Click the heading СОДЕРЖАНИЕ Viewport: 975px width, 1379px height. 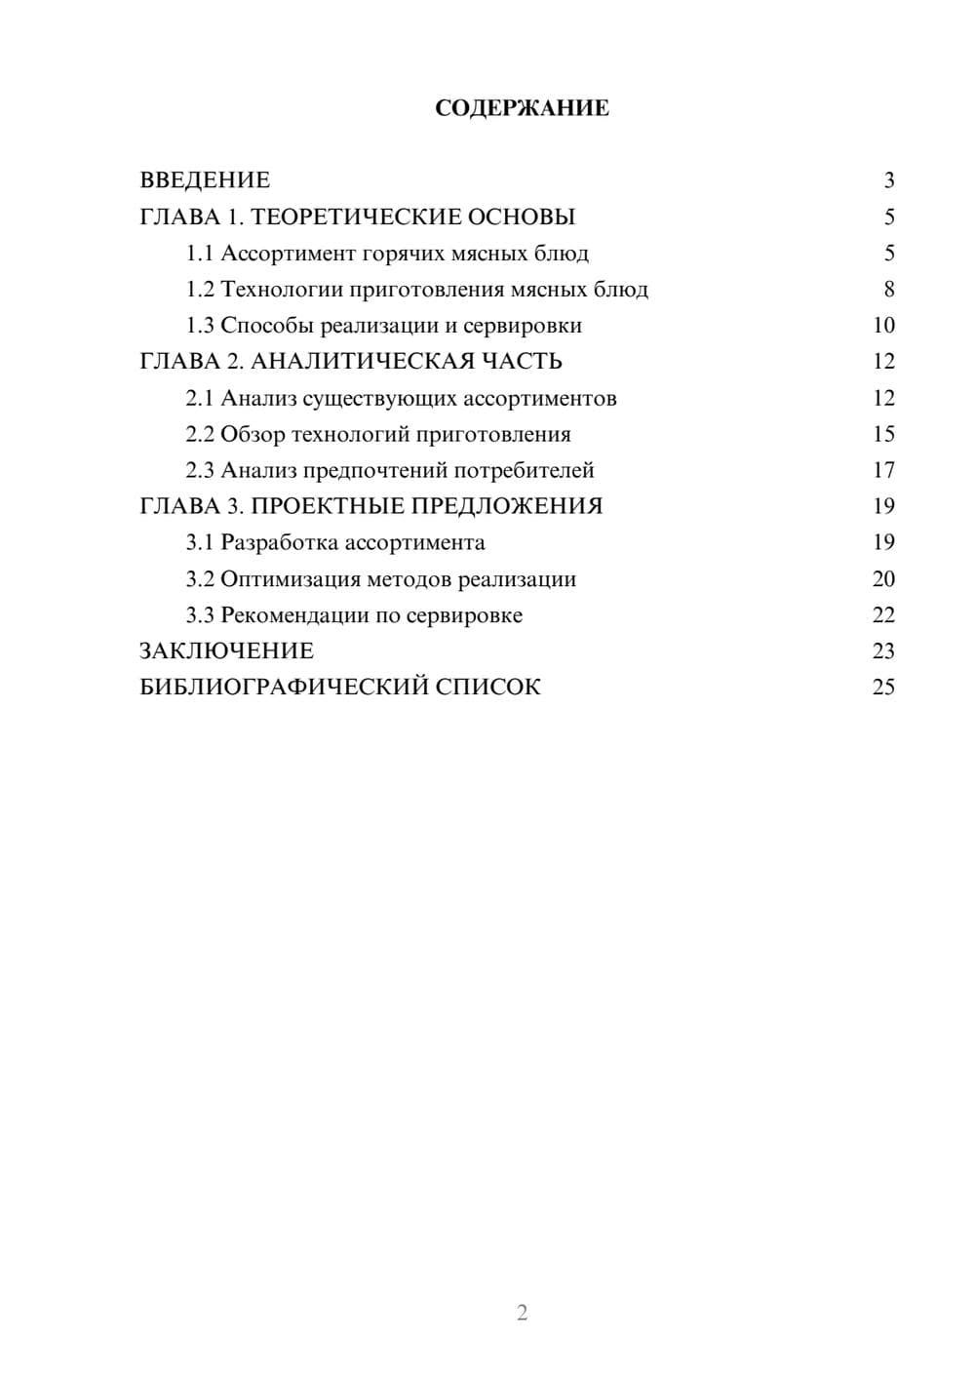pos(522,108)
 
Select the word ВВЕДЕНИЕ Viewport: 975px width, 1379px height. pos(205,180)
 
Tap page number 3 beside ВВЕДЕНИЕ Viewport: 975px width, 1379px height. pos(888,180)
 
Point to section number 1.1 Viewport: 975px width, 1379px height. pos(200,254)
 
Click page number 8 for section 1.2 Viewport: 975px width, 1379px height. pos(888,290)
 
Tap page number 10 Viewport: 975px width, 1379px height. pos(883,326)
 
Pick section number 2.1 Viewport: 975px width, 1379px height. pos(200,398)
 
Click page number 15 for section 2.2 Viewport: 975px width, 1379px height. pos(883,434)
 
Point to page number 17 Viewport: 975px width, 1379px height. pos(883,470)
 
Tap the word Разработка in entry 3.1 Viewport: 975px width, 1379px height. pos(280,542)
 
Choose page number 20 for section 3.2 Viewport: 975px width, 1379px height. pos(883,579)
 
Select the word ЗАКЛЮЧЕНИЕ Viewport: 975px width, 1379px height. pos(226,650)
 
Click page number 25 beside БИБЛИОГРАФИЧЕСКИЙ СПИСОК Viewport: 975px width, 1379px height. pos(883,688)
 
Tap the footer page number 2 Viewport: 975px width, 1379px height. pos(522,1313)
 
